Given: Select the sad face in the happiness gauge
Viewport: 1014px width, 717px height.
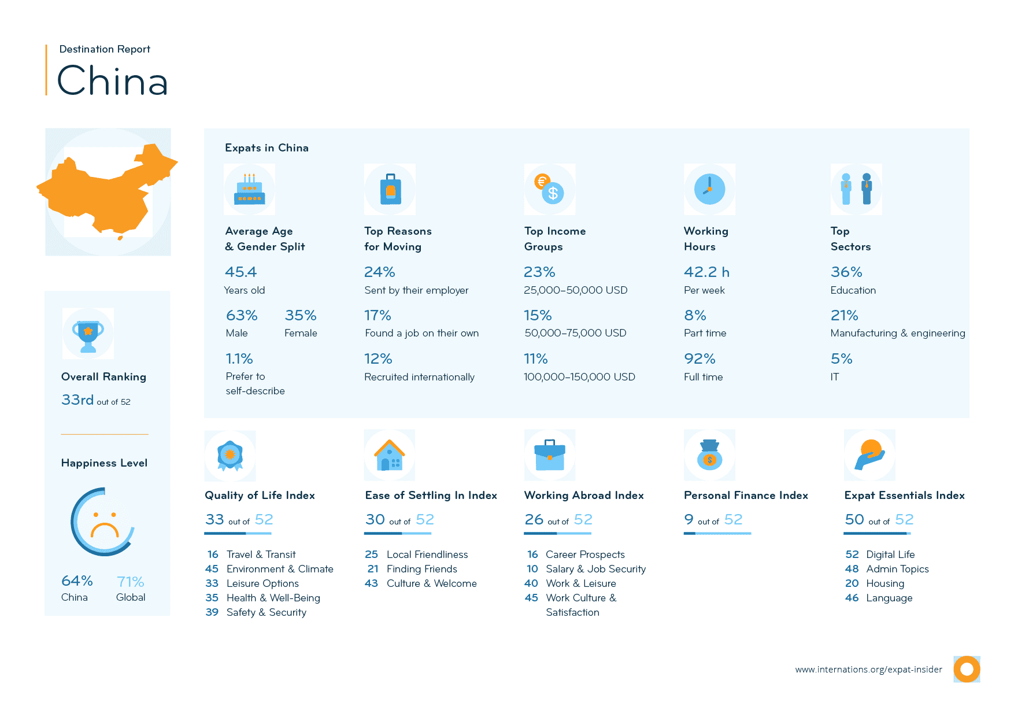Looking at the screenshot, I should pyautogui.click(x=105, y=523).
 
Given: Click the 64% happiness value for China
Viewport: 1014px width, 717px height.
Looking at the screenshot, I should pyautogui.click(x=77, y=581).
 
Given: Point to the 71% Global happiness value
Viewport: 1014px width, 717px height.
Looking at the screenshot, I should pyautogui.click(x=130, y=582).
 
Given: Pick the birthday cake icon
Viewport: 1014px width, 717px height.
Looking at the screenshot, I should pyautogui.click(x=249, y=190).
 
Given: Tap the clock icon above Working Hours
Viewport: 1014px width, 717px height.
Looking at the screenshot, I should pyautogui.click(x=709, y=189).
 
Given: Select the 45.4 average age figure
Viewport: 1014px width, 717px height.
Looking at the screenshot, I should pyautogui.click(x=240, y=272).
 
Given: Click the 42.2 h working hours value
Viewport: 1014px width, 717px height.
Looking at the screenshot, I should pyautogui.click(x=706, y=272).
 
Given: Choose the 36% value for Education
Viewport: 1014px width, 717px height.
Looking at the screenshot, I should pyautogui.click(x=846, y=272).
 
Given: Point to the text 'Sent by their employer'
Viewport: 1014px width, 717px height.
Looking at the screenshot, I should pyautogui.click(x=416, y=290).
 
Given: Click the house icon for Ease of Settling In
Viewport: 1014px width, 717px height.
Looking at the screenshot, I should pyautogui.click(x=390, y=456).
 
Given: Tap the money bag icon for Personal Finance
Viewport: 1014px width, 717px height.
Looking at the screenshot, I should pyautogui.click(x=709, y=456).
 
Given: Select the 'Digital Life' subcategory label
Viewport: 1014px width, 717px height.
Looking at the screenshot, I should pyautogui.click(x=890, y=555).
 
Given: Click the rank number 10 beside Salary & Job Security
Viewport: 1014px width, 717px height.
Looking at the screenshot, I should pyautogui.click(x=532, y=569).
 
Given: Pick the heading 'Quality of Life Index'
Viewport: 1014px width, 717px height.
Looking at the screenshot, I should pyautogui.click(x=260, y=496).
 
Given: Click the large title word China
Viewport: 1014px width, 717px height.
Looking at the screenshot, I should pyautogui.click(x=113, y=80).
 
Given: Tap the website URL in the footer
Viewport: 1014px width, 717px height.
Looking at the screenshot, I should pyautogui.click(x=868, y=670).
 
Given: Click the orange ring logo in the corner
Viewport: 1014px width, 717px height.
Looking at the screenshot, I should pyautogui.click(x=967, y=670).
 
